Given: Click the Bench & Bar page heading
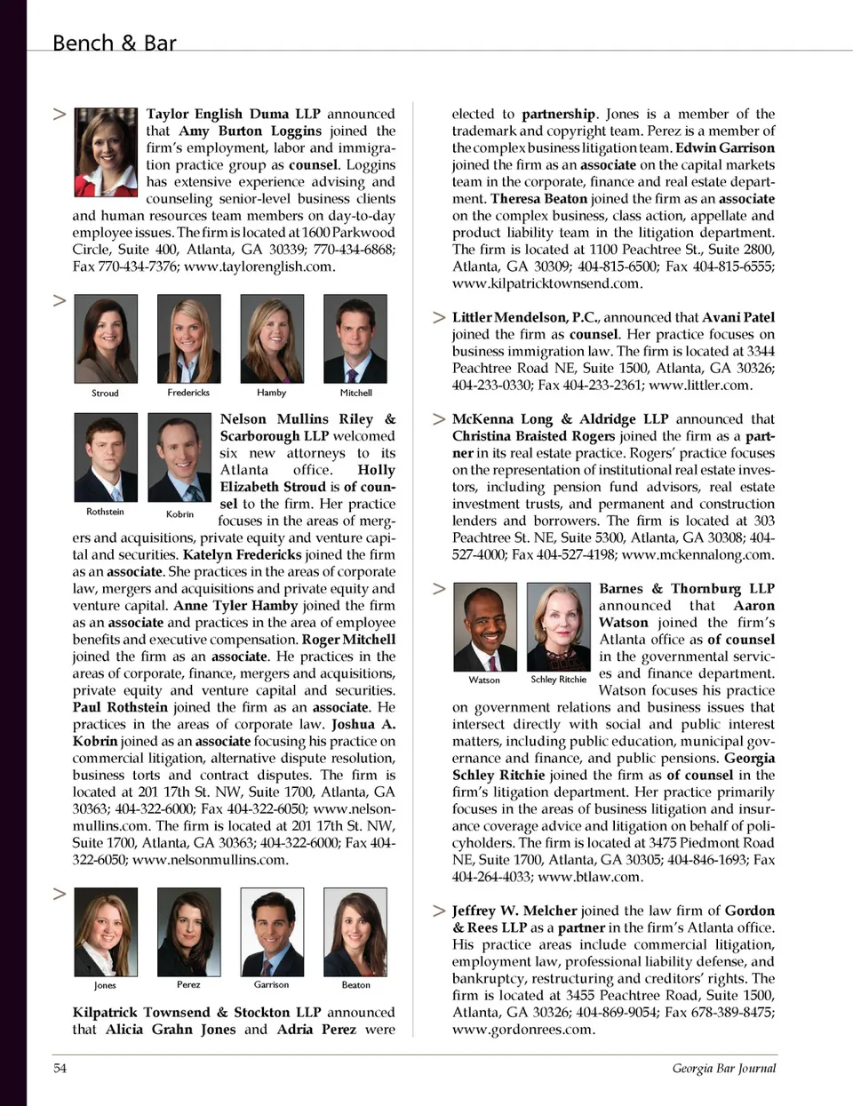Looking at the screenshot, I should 114,43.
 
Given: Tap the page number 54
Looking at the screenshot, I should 60,1068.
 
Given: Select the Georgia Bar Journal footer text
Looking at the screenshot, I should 723,1068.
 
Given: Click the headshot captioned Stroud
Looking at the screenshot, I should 106,338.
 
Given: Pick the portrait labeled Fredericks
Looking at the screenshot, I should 188,338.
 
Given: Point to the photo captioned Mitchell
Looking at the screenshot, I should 355,338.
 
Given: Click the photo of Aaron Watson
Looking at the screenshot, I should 484,626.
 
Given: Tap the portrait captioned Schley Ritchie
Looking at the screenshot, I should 558,626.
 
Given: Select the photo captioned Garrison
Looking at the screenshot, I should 272,932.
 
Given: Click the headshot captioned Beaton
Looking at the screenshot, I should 355,932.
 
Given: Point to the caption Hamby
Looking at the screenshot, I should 272,393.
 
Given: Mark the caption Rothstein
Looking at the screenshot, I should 105,512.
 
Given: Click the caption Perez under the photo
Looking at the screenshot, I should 188,984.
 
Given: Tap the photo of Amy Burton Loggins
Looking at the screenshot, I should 106,152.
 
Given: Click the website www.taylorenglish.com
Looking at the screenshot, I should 258,267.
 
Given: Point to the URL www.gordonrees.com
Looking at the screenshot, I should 522,1030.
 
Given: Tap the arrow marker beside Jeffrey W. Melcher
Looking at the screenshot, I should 439,911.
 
